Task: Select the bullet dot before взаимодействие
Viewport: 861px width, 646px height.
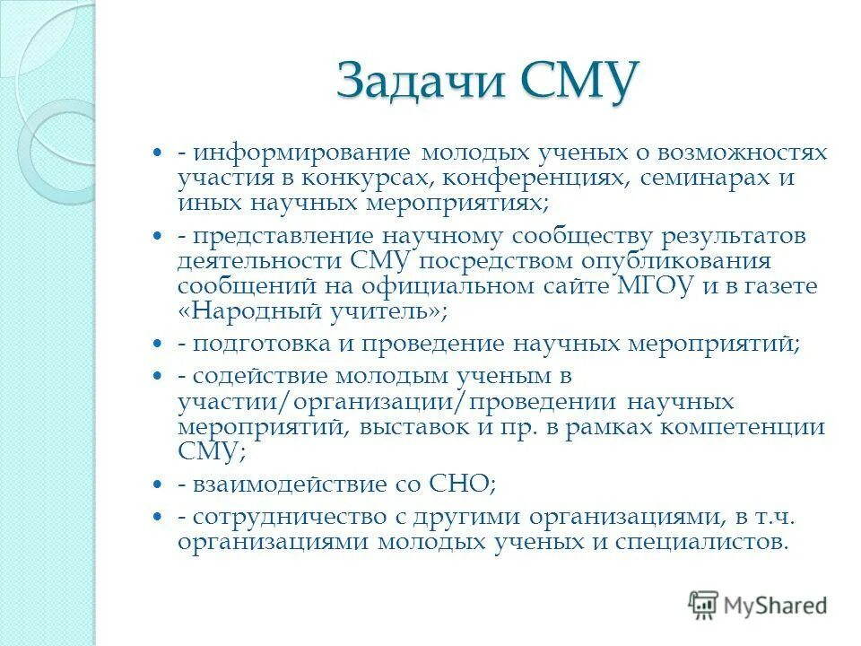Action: pos(158,484)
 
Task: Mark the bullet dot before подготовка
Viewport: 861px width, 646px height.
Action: pos(158,344)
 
